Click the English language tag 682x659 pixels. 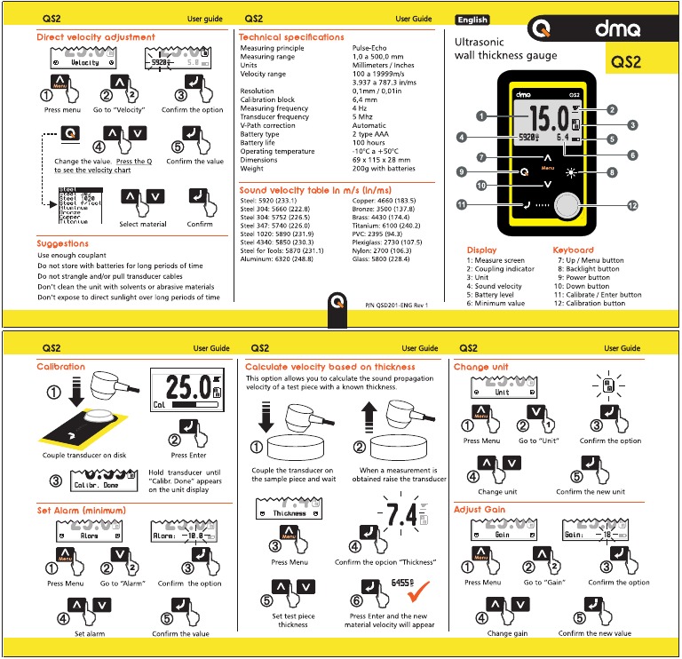tap(472, 20)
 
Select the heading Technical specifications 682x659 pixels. tap(291, 37)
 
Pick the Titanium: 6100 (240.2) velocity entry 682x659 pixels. tap(384, 226)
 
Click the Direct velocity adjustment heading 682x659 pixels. tap(96, 37)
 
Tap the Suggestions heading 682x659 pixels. tap(62, 243)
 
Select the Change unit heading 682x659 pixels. tap(482, 366)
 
